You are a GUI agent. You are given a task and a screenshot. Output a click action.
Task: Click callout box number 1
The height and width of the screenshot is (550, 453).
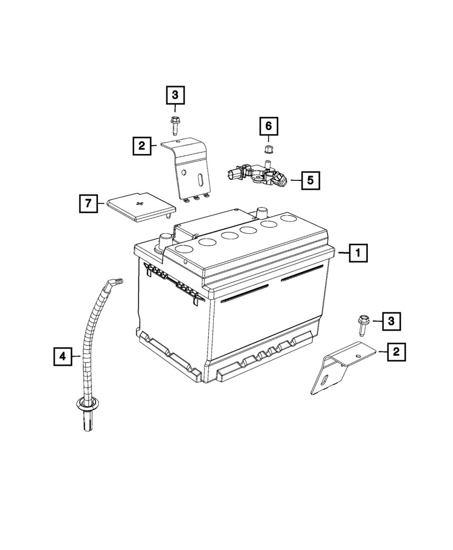357,253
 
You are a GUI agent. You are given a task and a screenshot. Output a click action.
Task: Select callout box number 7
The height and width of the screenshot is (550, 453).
87,204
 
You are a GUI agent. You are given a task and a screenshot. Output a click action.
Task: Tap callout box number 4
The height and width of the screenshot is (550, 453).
63,356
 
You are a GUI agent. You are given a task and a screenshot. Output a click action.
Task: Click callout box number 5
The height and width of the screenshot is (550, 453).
311,179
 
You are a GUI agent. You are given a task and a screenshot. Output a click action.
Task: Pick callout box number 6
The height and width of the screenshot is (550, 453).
269,127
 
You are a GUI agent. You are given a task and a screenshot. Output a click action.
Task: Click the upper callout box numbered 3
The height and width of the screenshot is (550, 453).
175,96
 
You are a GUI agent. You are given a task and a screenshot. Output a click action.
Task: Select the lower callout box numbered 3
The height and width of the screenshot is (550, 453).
391,321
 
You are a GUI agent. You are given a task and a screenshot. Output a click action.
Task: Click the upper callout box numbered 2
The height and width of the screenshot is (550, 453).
142,146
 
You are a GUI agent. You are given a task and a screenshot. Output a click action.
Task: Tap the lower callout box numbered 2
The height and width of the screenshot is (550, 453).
396,351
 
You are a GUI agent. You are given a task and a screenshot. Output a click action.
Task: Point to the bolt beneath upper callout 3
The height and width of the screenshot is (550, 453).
174,124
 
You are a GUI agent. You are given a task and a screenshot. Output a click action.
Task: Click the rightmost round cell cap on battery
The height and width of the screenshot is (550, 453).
287,218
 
